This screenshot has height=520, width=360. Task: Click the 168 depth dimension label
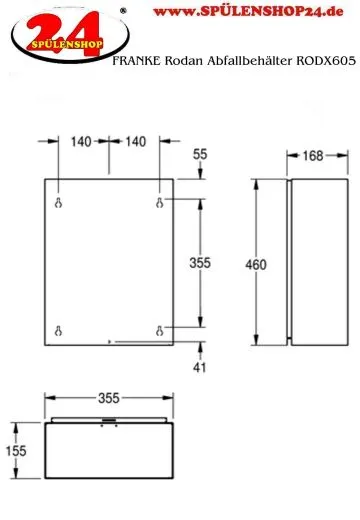[313, 156]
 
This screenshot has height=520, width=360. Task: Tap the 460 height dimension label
[256, 265]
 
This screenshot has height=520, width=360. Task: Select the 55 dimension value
[200, 154]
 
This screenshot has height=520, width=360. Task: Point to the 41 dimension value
[199, 367]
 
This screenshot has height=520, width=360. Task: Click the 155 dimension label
[16, 451]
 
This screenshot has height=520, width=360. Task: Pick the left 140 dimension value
[81, 142]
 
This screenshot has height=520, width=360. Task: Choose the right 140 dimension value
[136, 142]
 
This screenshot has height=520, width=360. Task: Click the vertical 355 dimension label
[200, 263]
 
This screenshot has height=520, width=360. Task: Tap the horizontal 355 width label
[109, 398]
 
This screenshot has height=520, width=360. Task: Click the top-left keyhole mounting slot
[58, 203]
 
